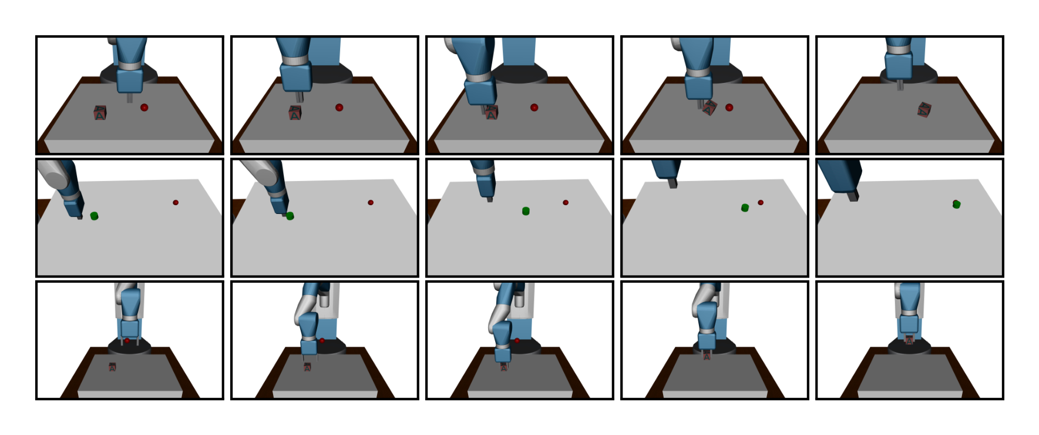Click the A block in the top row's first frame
pyautogui.click(x=100, y=113)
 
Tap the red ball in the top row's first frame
pyautogui.click(x=144, y=108)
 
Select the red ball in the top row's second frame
pyautogui.click(x=339, y=108)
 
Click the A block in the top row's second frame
pyautogui.click(x=295, y=113)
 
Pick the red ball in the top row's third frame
pyautogui.click(x=534, y=108)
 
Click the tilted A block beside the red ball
pyautogui.click(x=710, y=108)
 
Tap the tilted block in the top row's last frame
pyautogui.click(x=924, y=109)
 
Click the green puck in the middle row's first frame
pyautogui.click(x=94, y=216)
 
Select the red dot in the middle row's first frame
pyautogui.click(x=176, y=202)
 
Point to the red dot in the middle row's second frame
pyautogui.click(x=371, y=202)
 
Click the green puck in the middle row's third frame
pyautogui.click(x=526, y=211)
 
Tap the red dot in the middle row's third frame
pyautogui.click(x=566, y=202)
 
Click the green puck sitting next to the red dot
pyautogui.click(x=745, y=208)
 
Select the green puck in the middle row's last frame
pyautogui.click(x=956, y=204)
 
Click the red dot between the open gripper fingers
pyautogui.click(x=127, y=340)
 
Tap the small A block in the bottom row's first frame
pyautogui.click(x=112, y=367)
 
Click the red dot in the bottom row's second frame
pyautogui.click(x=322, y=340)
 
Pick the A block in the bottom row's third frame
pyautogui.click(x=503, y=367)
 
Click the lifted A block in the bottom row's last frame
pyautogui.click(x=909, y=340)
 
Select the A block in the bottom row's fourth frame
pyautogui.click(x=707, y=356)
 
